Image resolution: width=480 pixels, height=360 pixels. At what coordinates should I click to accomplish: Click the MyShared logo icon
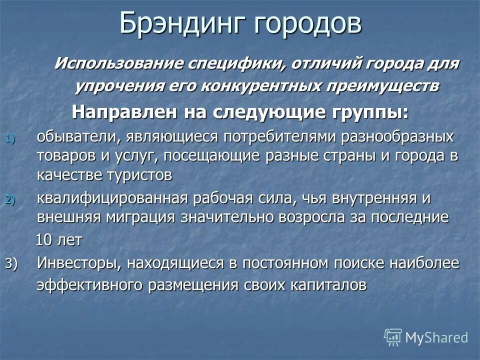(393, 337)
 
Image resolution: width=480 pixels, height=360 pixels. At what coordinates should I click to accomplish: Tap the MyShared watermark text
(436, 337)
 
